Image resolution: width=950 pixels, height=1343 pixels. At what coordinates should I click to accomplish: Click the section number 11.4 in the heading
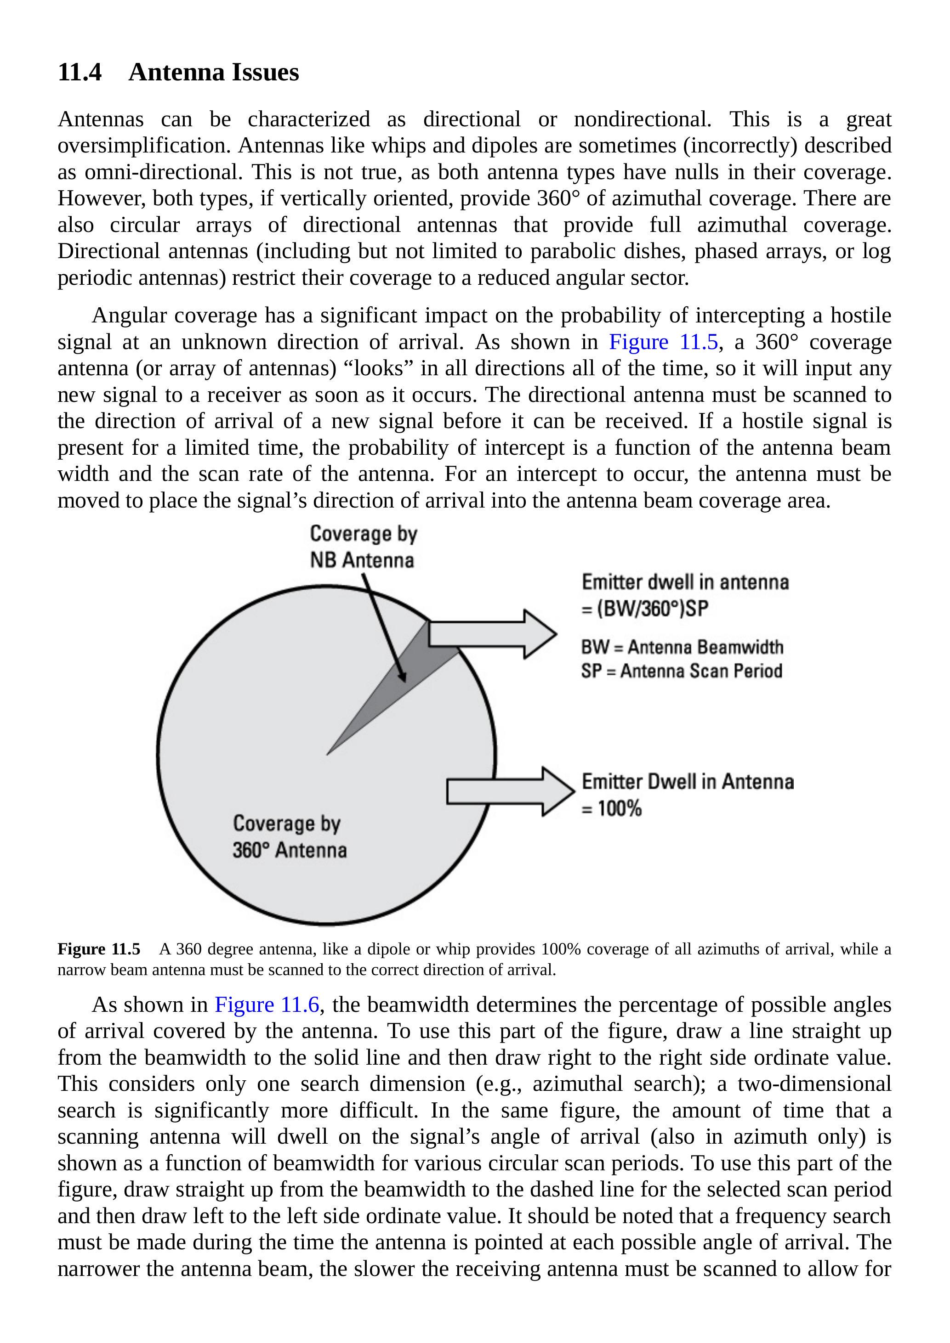(x=80, y=73)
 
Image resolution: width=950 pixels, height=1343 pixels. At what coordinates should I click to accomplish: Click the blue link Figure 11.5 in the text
(x=663, y=342)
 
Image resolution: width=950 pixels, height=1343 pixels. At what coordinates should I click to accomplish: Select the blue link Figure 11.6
(x=267, y=1004)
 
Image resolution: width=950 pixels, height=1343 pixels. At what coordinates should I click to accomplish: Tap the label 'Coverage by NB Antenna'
(x=363, y=546)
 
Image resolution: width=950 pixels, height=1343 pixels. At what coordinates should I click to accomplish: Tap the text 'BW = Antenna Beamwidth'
(x=682, y=647)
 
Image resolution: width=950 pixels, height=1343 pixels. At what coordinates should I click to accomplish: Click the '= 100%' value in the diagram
(x=612, y=808)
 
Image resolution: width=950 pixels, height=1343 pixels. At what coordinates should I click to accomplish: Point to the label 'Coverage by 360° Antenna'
(x=289, y=836)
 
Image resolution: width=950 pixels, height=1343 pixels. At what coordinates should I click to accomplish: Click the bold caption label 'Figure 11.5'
(x=99, y=949)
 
